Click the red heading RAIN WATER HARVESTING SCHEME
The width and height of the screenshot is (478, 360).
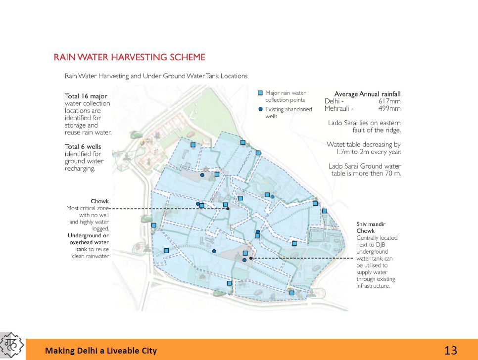coord(129,57)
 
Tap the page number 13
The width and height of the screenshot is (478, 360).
coord(450,351)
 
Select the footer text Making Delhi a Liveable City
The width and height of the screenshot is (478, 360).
coord(101,351)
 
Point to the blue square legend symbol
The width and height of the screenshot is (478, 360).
coord(260,93)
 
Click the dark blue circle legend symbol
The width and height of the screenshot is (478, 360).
coord(260,109)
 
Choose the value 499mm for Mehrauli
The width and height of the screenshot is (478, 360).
coord(389,109)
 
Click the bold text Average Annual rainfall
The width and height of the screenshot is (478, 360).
coord(367,94)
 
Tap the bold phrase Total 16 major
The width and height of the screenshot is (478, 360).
coord(86,96)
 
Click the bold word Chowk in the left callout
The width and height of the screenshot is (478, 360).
coord(99,201)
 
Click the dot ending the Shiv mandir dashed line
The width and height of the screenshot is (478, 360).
coord(251,258)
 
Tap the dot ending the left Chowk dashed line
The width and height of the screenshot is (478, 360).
coord(228,209)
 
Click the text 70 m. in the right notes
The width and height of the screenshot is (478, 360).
coord(393,174)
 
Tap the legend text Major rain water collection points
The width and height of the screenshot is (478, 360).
coord(286,96)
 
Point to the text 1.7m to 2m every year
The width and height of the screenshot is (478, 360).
coord(368,152)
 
